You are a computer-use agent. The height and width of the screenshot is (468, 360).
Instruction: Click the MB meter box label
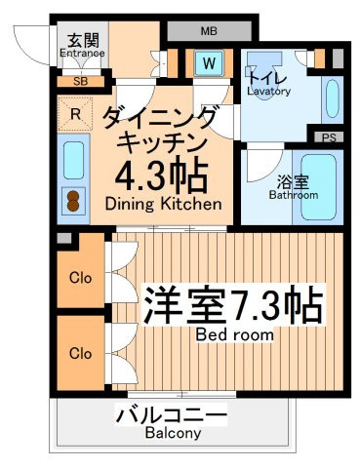pos(209,31)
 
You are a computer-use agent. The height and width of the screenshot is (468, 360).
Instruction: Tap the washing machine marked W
pos(209,63)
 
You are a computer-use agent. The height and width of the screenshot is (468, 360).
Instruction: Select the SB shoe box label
pos(80,81)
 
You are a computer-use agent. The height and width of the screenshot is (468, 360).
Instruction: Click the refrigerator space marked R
pos(75,114)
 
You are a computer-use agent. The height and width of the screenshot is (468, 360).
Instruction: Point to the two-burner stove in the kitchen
pos(73,201)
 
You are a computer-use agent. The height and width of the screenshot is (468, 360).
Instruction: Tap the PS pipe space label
pos(329,137)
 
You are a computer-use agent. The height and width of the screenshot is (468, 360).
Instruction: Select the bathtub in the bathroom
pos(319,187)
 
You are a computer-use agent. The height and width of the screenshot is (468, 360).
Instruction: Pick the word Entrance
pos(83,54)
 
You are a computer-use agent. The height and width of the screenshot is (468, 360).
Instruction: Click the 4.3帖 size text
pos(162,175)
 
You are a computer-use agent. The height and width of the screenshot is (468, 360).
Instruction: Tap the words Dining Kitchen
pos(164,204)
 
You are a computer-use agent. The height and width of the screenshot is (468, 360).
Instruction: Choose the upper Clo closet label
pos(80,278)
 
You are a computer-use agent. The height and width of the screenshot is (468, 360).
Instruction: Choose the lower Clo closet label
pos(80,353)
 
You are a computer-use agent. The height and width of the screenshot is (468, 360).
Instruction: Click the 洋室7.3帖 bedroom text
pos(234,304)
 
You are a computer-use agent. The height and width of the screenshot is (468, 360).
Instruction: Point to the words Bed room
pos(234,334)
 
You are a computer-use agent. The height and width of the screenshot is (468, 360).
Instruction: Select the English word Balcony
pos(173,433)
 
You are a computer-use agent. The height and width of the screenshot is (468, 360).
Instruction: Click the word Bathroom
pos(294,195)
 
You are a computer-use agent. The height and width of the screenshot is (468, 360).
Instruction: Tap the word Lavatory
pos(268,92)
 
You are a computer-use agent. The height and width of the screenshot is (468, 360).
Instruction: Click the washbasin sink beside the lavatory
pos(332,98)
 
